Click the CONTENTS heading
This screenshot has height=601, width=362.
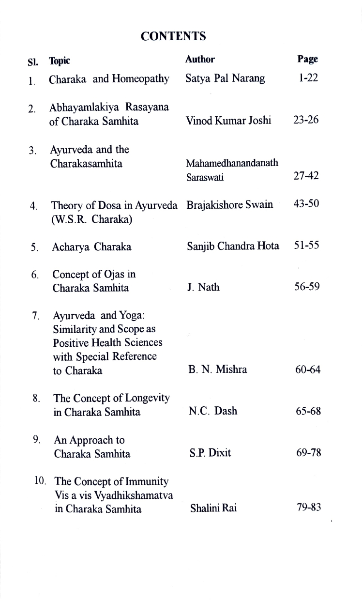(x=173, y=36)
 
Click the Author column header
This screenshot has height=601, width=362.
(x=200, y=59)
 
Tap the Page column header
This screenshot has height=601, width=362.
(x=308, y=59)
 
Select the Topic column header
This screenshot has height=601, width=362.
(x=60, y=61)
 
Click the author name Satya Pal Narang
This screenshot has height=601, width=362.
(x=225, y=79)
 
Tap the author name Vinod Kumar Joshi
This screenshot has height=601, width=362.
(x=228, y=121)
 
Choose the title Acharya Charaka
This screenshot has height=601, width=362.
(x=92, y=247)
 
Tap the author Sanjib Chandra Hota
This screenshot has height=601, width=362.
(x=233, y=246)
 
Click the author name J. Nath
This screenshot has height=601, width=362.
(x=203, y=288)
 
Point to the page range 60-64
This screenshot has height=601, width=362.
(x=308, y=370)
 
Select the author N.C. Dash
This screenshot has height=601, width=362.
(x=212, y=412)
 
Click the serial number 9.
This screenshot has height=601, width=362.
(x=36, y=440)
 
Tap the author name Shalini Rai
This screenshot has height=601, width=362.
(x=212, y=509)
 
